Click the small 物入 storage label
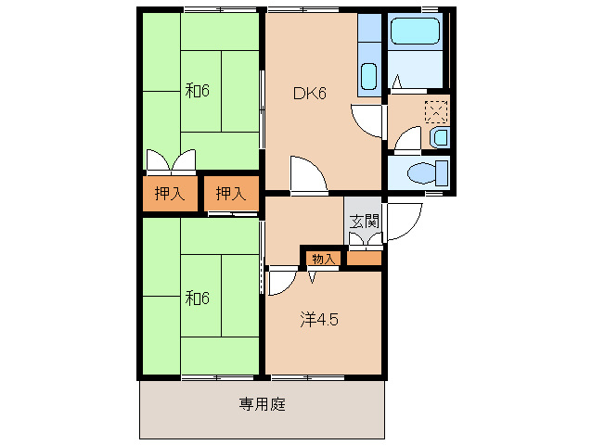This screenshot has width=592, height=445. [x=323, y=259]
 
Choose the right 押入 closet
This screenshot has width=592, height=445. [x=231, y=194]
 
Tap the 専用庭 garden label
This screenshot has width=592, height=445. [x=261, y=404]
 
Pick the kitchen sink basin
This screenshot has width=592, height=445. [x=368, y=75]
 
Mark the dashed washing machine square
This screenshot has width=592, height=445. [x=435, y=111]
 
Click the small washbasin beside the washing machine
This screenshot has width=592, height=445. [x=441, y=137]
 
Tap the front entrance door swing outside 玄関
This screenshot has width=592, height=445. [x=402, y=222]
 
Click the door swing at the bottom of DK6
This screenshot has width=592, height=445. [x=306, y=175]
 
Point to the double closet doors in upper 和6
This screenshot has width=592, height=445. [x=172, y=161]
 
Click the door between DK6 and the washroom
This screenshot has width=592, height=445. [x=368, y=118]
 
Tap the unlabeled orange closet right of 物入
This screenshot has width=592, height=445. [x=364, y=259]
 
